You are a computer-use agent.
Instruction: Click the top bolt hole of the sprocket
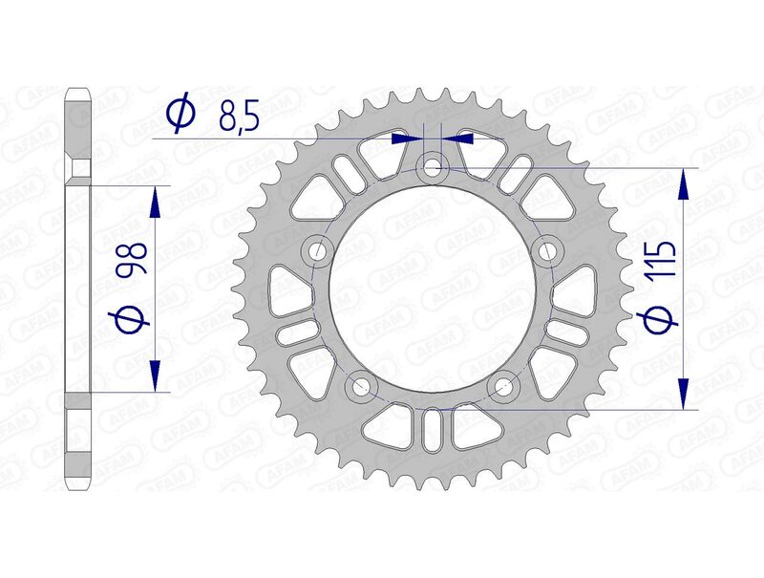pos(434,168)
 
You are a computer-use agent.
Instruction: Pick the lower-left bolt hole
pos(361,388)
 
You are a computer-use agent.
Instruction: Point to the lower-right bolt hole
pos(503,388)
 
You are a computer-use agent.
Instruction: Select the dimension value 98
pos(133,259)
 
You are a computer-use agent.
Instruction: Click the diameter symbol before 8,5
pos(179,115)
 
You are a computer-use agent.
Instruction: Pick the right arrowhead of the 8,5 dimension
pos(460,139)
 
